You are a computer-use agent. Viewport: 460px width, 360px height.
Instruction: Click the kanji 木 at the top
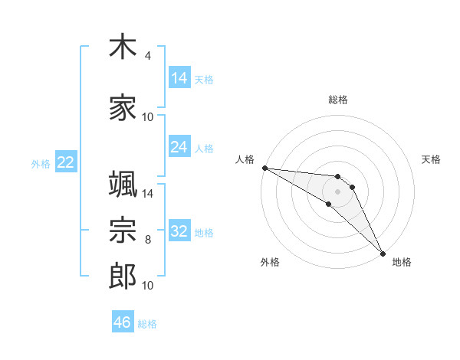pyautogui.click(x=123, y=46)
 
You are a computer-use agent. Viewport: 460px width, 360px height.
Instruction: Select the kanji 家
pyautogui.click(x=123, y=107)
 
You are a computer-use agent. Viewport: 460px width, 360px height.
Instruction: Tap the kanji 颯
pyautogui.click(x=123, y=184)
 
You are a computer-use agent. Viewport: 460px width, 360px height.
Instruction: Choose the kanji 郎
pyautogui.click(x=123, y=276)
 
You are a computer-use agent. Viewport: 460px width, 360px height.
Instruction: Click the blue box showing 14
pyautogui.click(x=179, y=77)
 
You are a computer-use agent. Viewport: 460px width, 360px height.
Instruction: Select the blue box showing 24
pyautogui.click(x=179, y=146)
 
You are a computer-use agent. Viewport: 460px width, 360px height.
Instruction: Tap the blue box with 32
pyautogui.click(x=179, y=230)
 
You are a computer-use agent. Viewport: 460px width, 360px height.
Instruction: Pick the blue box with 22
pyautogui.click(x=66, y=162)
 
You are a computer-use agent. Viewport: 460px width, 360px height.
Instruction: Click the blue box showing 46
pyautogui.click(x=123, y=321)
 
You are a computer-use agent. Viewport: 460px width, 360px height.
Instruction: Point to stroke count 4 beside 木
pyautogui.click(x=147, y=56)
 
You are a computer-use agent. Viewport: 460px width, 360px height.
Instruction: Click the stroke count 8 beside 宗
pyautogui.click(x=148, y=240)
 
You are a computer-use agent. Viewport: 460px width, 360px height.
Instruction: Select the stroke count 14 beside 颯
pyautogui.click(x=147, y=194)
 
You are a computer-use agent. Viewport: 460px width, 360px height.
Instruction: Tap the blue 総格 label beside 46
pyautogui.click(x=147, y=324)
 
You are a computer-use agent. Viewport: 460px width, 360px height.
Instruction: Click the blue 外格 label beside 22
pyautogui.click(x=41, y=164)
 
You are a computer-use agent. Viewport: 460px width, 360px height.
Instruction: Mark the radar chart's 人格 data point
pyautogui.click(x=265, y=168)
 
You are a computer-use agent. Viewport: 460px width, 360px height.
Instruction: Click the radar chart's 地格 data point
pyautogui.click(x=383, y=254)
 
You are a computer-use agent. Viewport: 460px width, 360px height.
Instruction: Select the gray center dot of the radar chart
pyautogui.click(x=337, y=191)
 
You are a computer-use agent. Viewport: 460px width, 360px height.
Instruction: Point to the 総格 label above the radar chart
pyautogui.click(x=338, y=100)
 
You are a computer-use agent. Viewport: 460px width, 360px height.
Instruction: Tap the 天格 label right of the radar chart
pyautogui.click(x=431, y=159)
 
